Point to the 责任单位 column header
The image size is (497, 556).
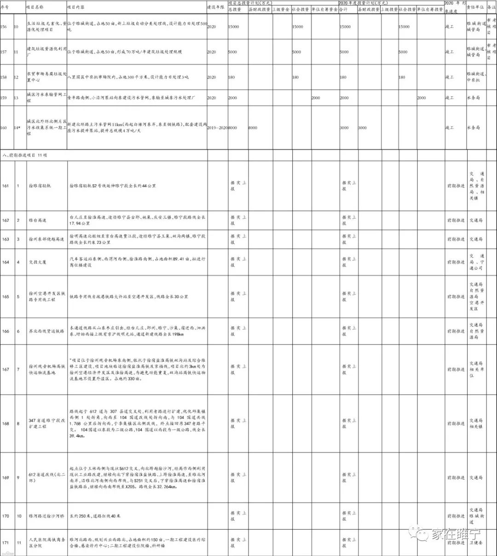click(475, 8)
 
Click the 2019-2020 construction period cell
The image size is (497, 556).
click(217, 128)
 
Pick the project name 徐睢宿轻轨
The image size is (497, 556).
click(40, 186)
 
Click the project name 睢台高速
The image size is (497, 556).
click(37, 220)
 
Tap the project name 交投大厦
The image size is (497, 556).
click(37, 262)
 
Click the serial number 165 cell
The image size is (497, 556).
click(6, 297)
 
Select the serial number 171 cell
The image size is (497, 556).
click(6, 543)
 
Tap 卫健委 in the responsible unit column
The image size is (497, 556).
click(476, 543)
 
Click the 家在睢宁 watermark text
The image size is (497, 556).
click(453, 534)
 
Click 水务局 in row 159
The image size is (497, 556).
click(474, 98)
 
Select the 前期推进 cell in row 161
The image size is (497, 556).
click(456, 186)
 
